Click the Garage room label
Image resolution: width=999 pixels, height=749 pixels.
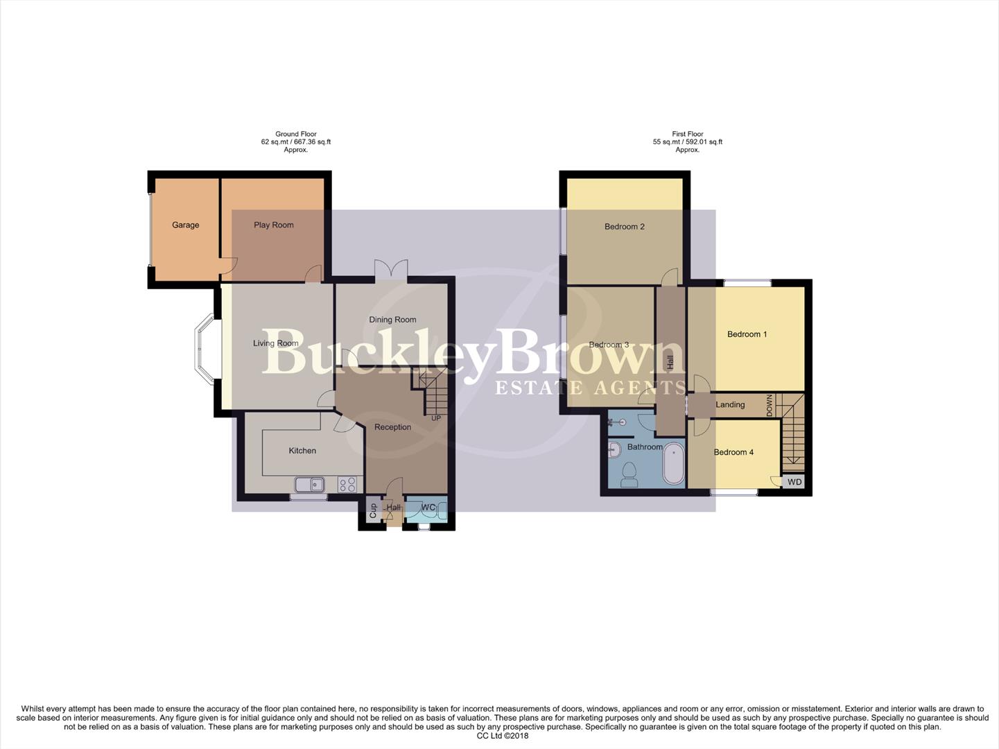pos(185,225)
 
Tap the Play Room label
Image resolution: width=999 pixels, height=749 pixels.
pos(273,225)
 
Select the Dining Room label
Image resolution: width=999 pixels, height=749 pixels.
pos(392,320)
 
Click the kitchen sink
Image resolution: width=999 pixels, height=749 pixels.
pos(310,484)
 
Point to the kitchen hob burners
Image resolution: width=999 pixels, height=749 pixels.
pos(347,484)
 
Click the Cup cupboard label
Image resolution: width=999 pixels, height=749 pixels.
pos(373,511)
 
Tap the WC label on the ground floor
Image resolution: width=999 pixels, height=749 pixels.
pos(428,508)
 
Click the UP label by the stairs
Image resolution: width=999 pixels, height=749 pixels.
pos(436,418)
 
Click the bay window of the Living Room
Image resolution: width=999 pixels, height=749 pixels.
pos(205,350)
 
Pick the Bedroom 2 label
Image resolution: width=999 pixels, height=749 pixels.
pos(624,227)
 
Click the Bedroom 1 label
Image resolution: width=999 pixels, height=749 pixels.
pos(747,334)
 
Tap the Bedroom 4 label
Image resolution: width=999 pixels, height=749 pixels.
pos(733,452)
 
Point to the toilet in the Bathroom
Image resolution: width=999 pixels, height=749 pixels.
pos(629,474)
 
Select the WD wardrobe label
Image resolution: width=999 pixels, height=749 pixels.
pos(794,482)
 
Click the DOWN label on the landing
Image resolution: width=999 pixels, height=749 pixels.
pos(770,405)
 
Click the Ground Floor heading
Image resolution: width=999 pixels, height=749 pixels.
pos(296,134)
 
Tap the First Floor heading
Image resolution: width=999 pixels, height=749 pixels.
pos(687,134)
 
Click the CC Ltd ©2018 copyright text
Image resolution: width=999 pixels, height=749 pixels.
pos(502,736)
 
